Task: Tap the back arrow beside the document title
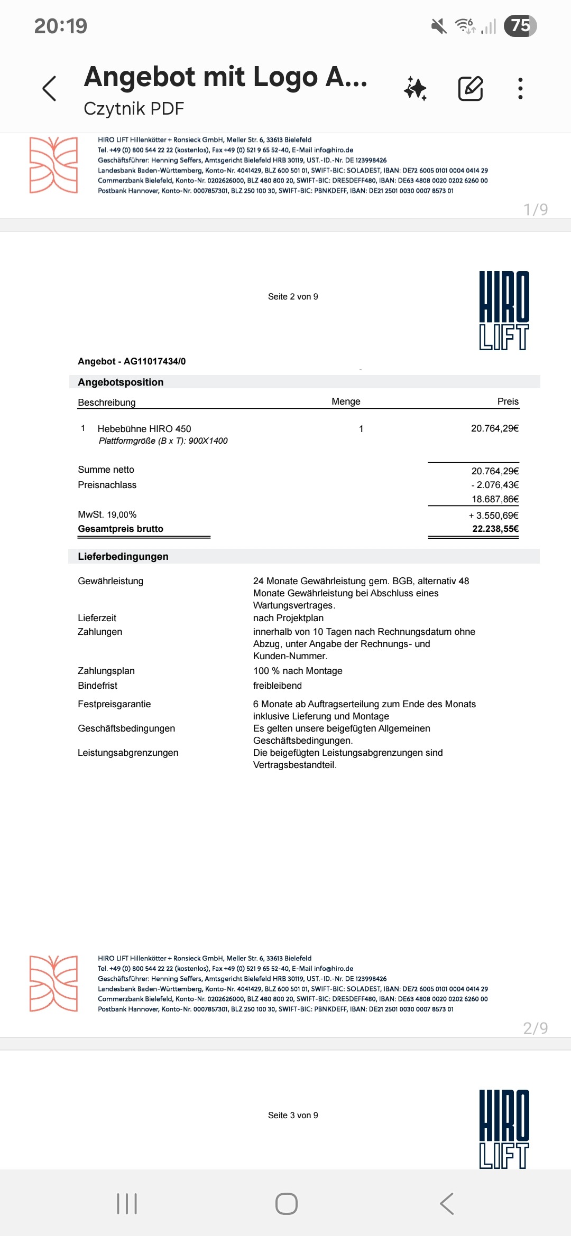coord(49,88)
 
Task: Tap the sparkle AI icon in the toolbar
coord(416,88)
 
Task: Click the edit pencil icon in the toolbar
coord(470,88)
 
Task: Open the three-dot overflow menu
coord(520,88)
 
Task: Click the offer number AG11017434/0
coord(154,361)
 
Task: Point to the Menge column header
coord(346,401)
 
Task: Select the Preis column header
coord(508,401)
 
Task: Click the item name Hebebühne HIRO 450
coord(144,429)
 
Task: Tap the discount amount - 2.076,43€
coord(495,485)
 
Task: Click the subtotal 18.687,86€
coord(495,499)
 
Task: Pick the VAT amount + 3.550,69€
coord(493,516)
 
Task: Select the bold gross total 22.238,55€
coord(495,529)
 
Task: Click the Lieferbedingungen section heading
coord(123,556)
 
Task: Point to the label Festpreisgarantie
coord(114,704)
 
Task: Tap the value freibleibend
coord(278,686)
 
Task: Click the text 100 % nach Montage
coord(298,671)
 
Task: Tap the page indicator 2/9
coord(535,1028)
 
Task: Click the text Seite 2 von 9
coord(293,297)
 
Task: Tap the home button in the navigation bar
coord(286,1204)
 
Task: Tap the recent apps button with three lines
coord(127,1204)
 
